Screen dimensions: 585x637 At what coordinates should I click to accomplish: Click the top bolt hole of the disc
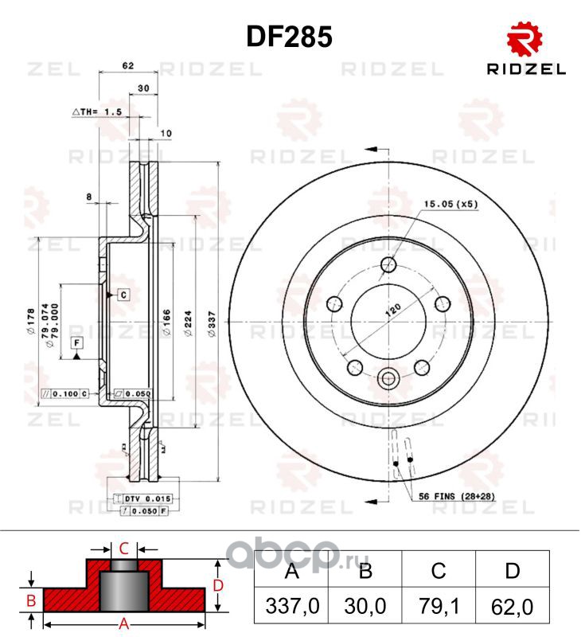(390, 265)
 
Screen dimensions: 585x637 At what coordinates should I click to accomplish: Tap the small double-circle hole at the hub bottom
(390, 379)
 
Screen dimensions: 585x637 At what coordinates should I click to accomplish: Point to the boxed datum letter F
(76, 343)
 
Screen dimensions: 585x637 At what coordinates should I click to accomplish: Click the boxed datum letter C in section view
(124, 295)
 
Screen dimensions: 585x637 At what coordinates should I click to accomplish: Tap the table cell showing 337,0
(291, 607)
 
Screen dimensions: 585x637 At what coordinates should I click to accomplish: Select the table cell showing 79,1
(439, 607)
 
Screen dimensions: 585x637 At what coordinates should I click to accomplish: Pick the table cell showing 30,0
(365, 607)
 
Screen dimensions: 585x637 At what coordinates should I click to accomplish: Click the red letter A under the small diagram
(123, 625)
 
